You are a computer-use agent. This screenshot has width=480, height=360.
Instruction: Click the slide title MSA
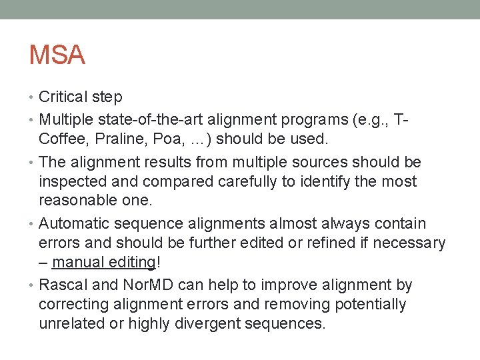point(57,55)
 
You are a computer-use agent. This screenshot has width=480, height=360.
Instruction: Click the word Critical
point(63,97)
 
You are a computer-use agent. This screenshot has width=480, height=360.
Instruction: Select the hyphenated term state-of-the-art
point(153,121)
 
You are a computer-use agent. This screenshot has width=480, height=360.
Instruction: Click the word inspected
point(74,181)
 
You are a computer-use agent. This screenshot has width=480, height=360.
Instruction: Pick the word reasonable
point(77,201)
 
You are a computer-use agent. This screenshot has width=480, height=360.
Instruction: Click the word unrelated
point(71,324)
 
